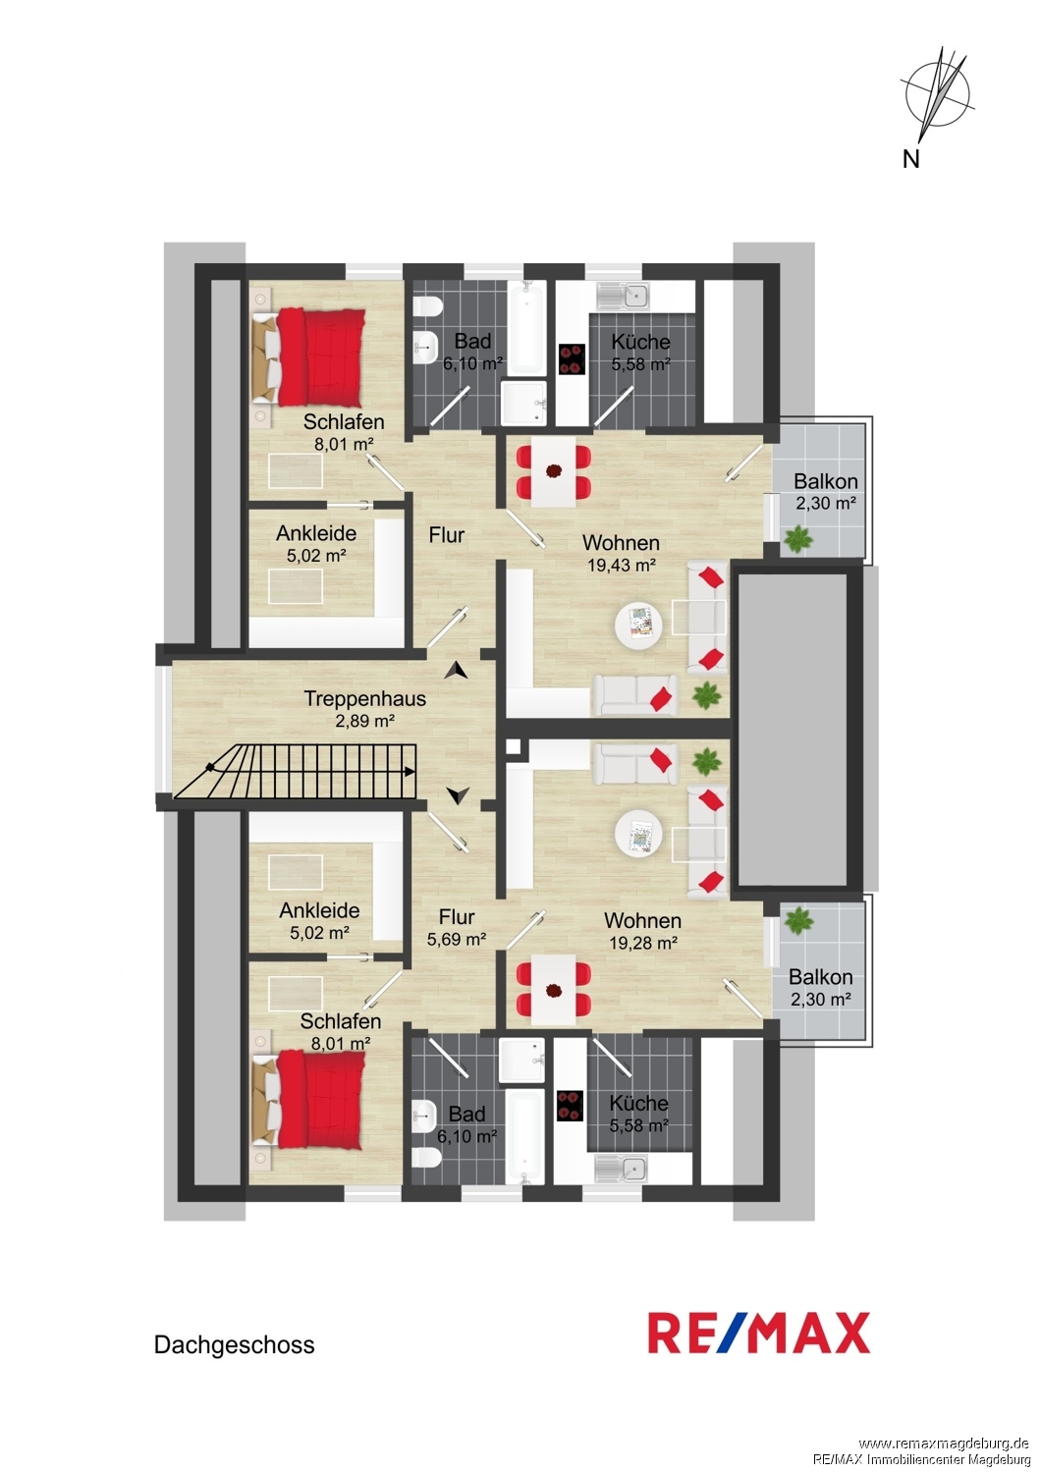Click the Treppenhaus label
[365, 698]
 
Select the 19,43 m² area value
[622, 565]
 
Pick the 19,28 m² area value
[643, 943]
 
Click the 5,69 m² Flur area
[457, 939]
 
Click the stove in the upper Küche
[572, 359]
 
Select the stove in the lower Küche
[570, 1106]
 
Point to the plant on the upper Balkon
[797, 539]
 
